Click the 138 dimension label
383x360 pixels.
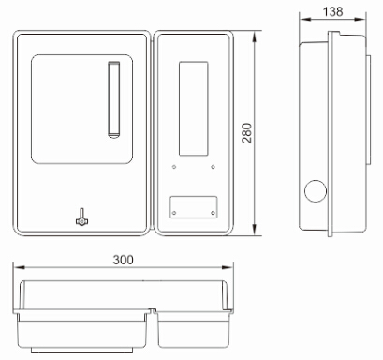click(332, 11)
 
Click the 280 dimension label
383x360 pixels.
click(247, 133)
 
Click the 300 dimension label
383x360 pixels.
click(123, 260)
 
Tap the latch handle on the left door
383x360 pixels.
click(81, 217)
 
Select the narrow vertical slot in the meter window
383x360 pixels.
click(114, 99)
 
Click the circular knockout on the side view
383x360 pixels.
click(316, 191)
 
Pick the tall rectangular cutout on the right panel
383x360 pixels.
click(194, 109)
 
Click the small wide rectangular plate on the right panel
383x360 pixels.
click(194, 207)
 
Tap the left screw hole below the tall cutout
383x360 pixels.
click(174, 167)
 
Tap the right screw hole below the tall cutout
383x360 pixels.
click(213, 167)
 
